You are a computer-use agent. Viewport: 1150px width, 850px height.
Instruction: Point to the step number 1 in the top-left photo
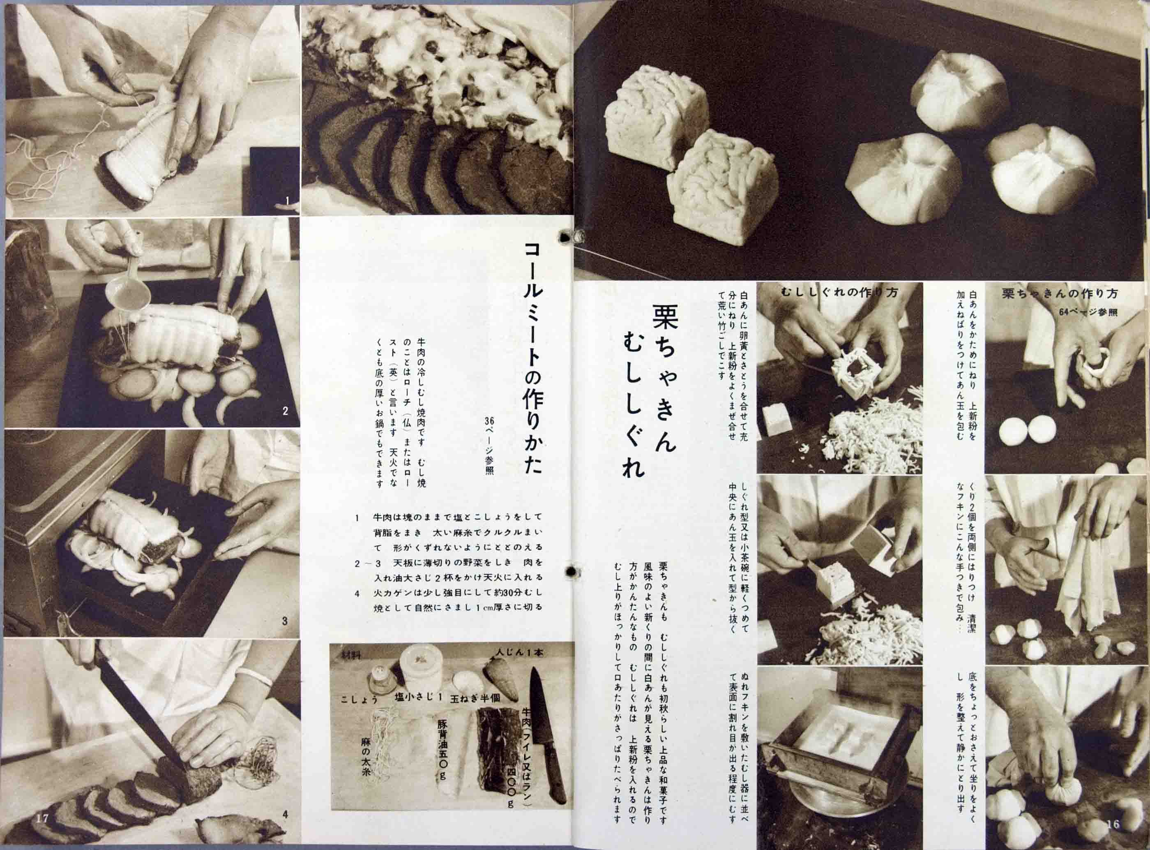coord(288,201)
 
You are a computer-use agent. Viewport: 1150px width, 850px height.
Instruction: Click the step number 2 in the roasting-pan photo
coord(285,411)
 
